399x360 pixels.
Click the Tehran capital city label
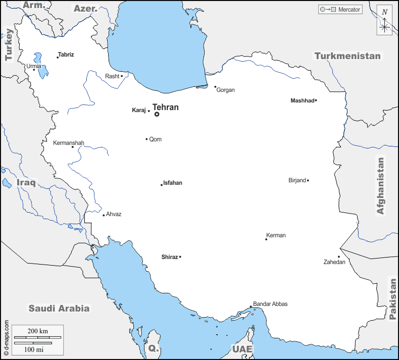[165, 107]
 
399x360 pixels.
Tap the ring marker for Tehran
[157, 114]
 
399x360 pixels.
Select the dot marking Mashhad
[316, 100]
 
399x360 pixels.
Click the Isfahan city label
[173, 183]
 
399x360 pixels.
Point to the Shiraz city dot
[180, 257]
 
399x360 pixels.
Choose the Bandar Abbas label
[270, 304]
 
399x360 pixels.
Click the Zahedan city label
[334, 262]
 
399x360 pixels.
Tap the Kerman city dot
[266, 239]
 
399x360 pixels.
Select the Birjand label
[297, 180]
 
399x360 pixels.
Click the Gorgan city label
[225, 90]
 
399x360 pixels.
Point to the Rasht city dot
[122, 76]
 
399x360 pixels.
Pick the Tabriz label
[66, 55]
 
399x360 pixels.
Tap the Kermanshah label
[69, 143]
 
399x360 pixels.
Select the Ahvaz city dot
[104, 216]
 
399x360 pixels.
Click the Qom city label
[156, 139]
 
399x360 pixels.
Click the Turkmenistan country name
[347, 56]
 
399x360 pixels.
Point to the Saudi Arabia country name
[59, 308]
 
